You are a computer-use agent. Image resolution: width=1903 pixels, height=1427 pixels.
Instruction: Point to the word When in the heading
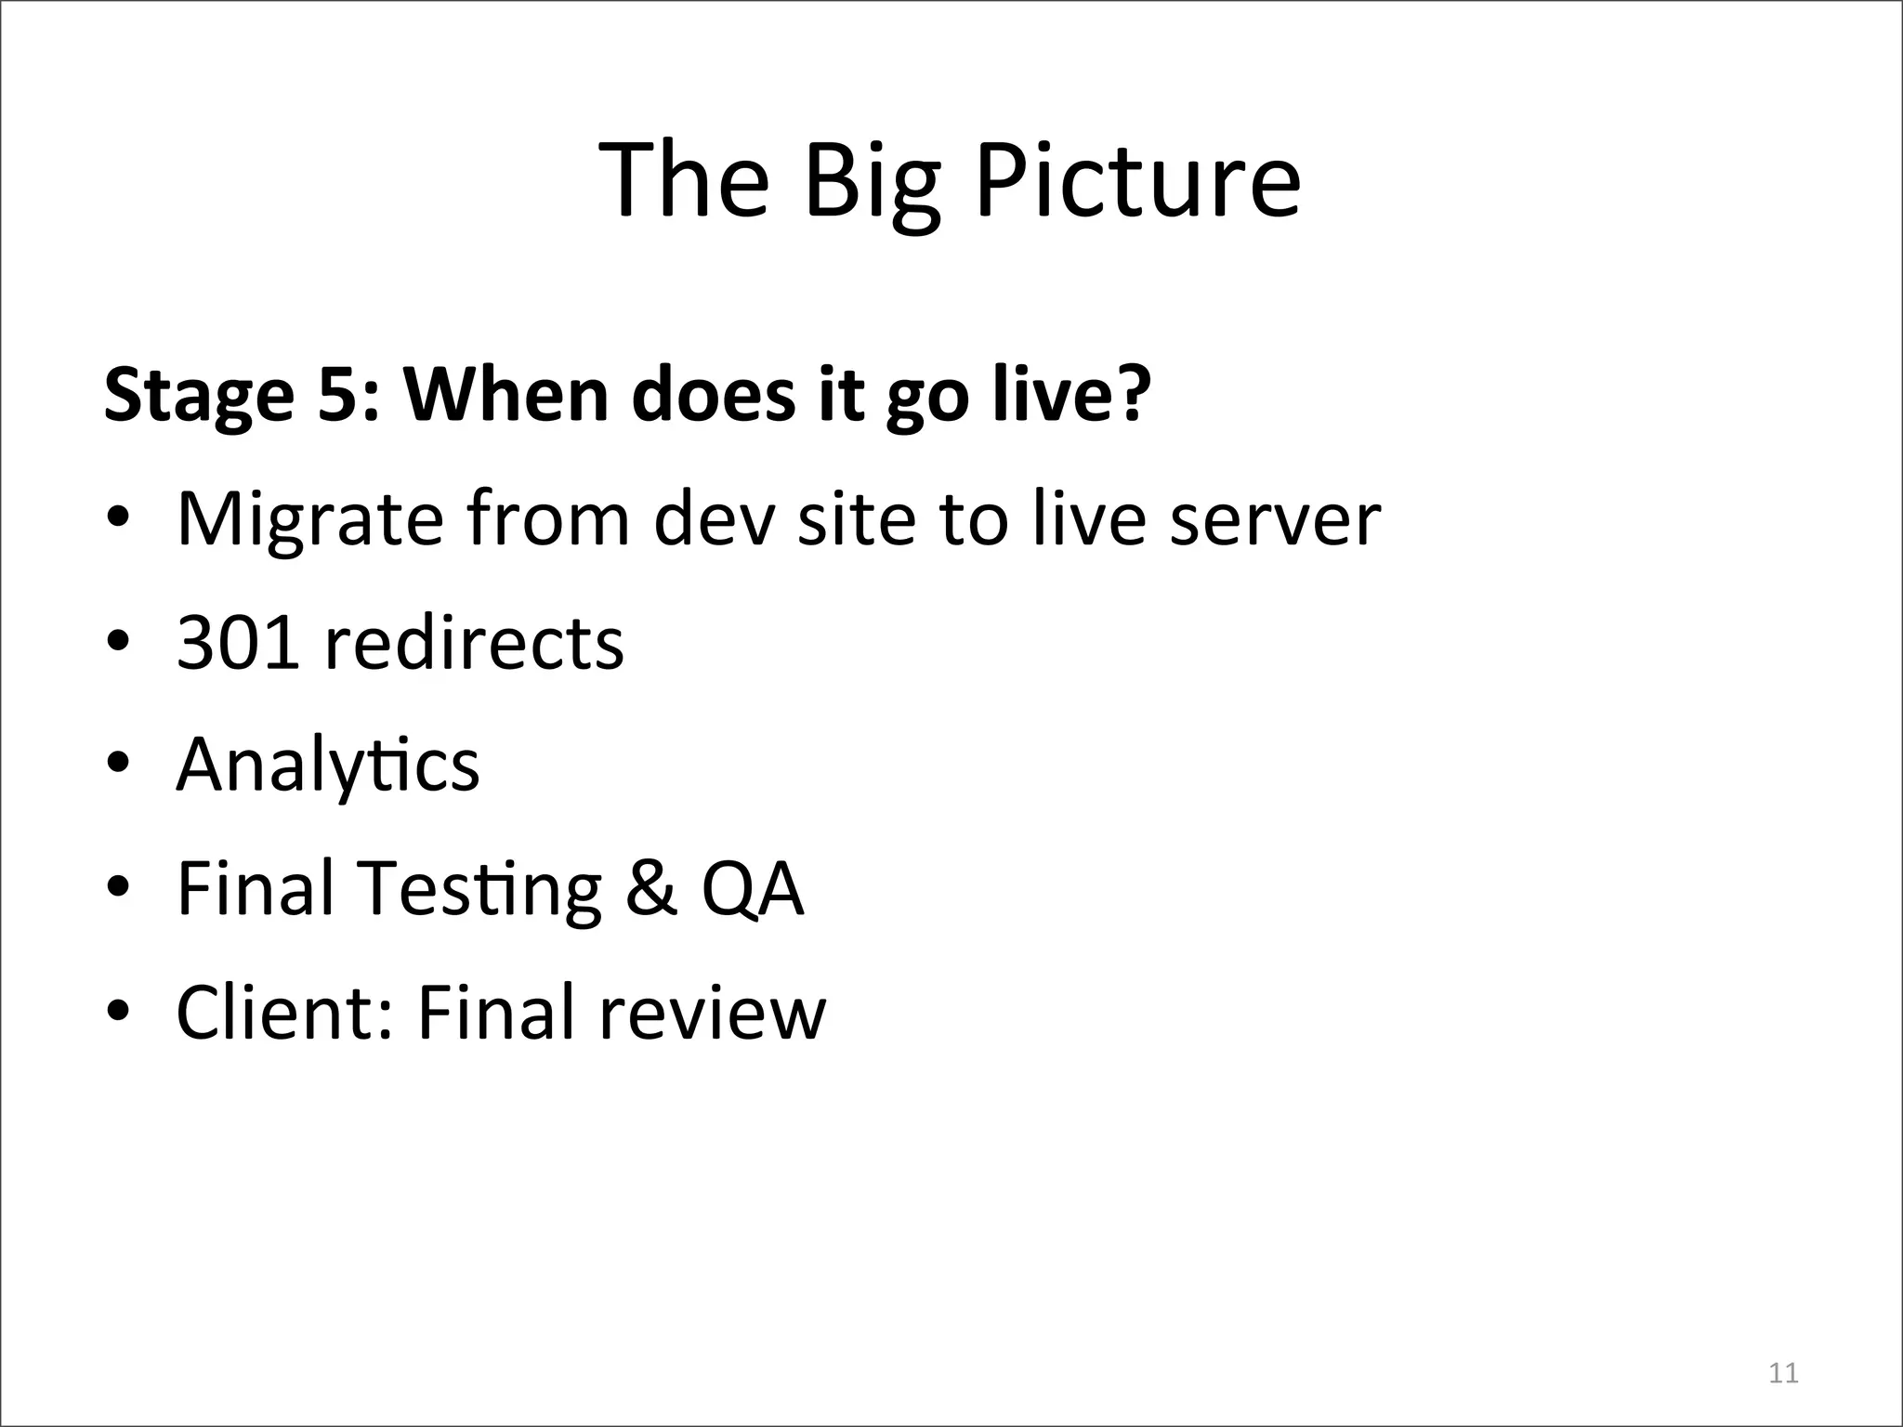[x=506, y=394]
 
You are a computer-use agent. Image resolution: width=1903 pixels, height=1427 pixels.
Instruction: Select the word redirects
[x=474, y=642]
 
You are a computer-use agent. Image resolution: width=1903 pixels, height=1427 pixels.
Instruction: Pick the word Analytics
[x=327, y=766]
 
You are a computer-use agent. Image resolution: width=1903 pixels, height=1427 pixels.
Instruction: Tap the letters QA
[x=752, y=890]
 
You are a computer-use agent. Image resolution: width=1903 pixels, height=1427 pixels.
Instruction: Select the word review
[x=712, y=1012]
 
